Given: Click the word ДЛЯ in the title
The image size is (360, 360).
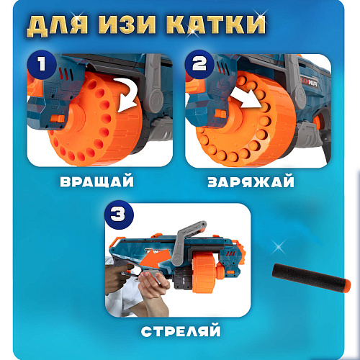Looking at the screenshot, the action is (57, 25).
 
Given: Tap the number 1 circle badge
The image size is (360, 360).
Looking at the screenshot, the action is (42, 64).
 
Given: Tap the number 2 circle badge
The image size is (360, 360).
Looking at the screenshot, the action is (199, 64).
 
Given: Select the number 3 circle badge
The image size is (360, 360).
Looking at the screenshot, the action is (119, 215).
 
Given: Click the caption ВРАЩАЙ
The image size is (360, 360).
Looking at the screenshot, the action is (96, 181).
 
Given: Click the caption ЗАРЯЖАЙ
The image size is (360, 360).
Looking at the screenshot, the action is (251, 181).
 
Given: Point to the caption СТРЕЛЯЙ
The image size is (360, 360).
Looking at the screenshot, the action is (181, 330).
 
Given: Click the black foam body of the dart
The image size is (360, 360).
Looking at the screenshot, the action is (308, 275).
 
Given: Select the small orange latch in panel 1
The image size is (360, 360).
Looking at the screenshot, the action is (58, 119).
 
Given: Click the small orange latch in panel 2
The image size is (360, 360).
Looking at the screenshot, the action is (220, 113).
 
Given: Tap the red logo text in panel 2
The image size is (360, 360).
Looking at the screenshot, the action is (305, 82).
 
